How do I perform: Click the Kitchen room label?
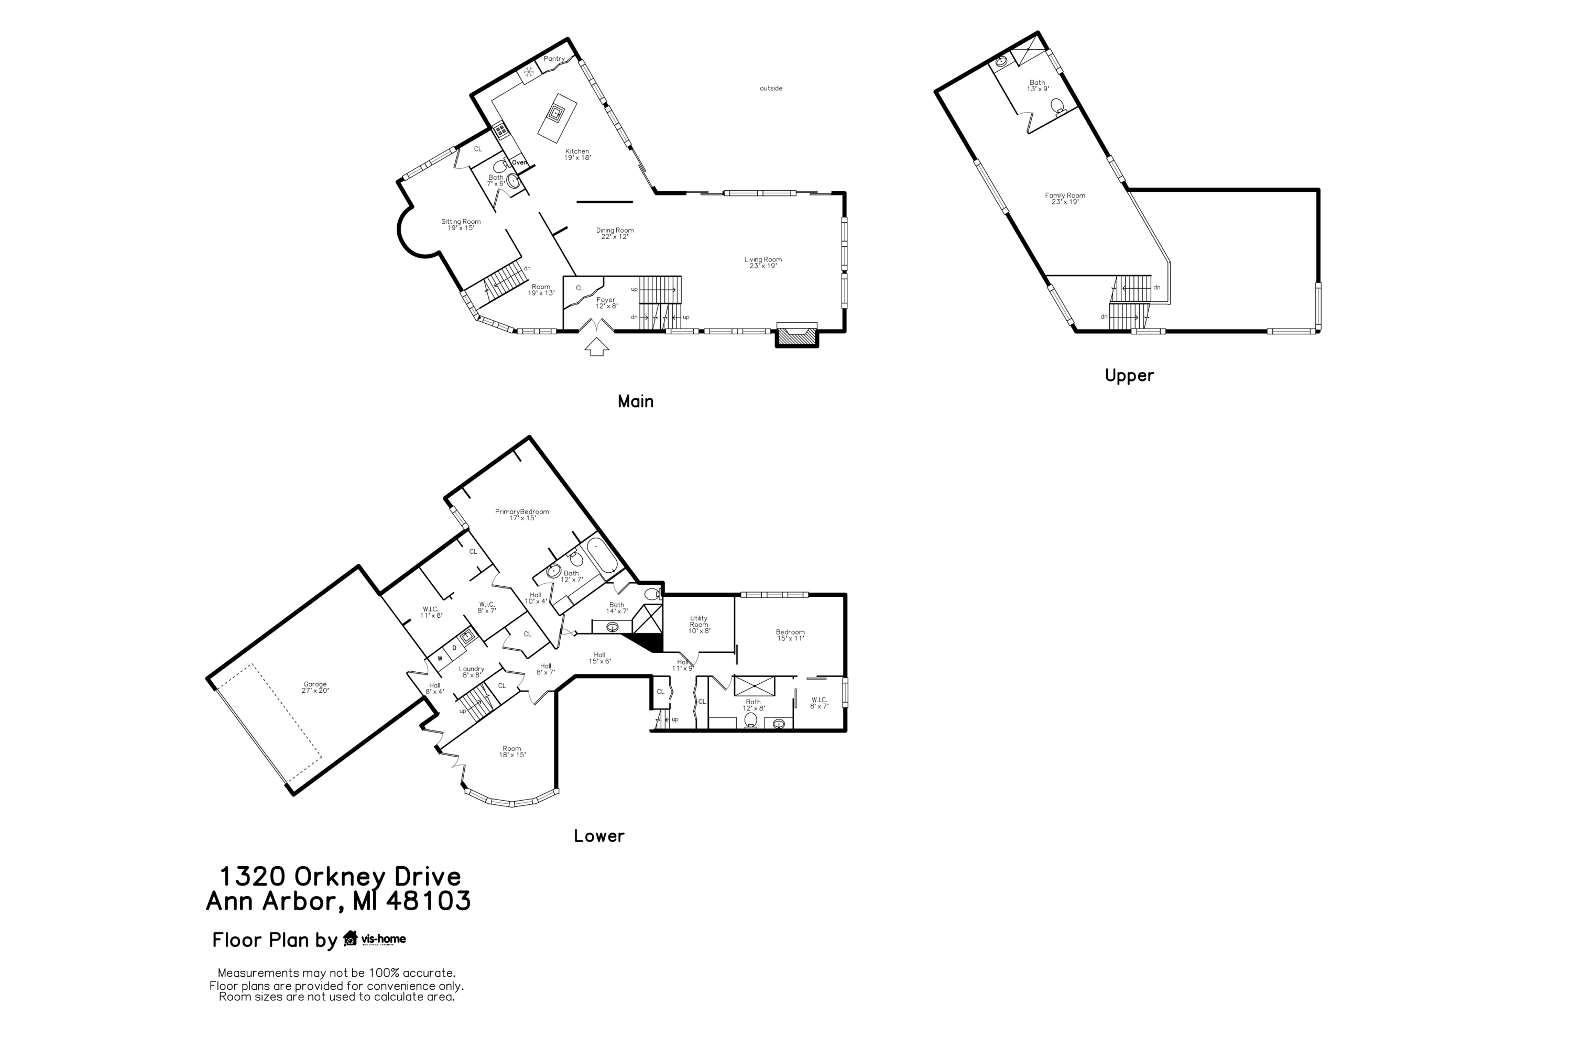577,155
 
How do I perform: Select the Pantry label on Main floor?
553,59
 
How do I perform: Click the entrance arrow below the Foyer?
597,346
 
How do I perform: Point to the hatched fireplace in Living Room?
796,337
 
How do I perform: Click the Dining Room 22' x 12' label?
615,233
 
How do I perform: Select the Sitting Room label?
461,225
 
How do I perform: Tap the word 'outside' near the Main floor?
771,88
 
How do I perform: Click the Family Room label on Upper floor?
1065,199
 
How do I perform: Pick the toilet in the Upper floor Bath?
1057,106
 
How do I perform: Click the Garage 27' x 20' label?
315,687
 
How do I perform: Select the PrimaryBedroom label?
522,515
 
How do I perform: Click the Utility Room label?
698,624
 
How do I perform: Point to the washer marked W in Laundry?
440,658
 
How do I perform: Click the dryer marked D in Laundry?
454,648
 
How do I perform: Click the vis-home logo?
376,939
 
